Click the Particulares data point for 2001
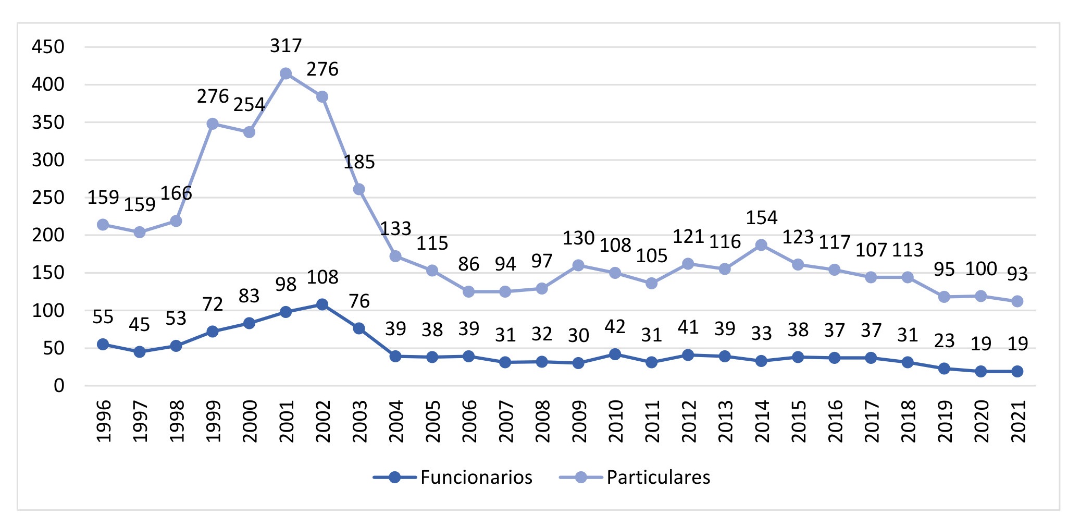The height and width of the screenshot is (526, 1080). point(285,74)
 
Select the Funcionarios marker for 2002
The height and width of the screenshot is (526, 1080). point(322,304)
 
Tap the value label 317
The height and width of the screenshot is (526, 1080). point(285,46)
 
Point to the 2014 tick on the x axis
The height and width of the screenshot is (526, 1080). point(761,421)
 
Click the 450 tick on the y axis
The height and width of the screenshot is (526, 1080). point(48,47)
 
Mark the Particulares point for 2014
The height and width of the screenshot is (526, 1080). point(761,245)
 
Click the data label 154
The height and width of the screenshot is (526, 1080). point(761,217)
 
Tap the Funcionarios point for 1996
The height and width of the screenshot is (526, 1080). point(103,345)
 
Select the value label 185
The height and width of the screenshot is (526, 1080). point(359,162)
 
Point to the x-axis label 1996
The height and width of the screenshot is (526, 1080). point(103,421)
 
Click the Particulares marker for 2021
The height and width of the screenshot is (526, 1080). point(1017,301)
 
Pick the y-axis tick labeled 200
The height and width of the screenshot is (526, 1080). point(48,235)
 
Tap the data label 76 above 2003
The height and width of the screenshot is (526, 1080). point(359,301)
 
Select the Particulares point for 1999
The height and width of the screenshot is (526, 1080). point(213,124)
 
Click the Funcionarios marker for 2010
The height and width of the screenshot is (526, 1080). point(615,354)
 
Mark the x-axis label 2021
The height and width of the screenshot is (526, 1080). point(1017,421)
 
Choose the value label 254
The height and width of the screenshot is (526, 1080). point(249,105)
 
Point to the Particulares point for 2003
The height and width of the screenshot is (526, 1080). point(359,189)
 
